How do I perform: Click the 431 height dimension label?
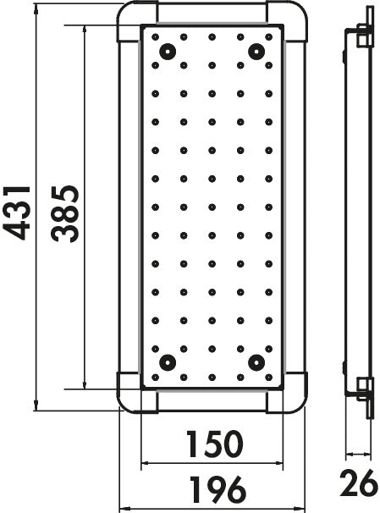click(16, 213)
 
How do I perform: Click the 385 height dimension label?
click(65, 214)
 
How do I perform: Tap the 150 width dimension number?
click(215, 444)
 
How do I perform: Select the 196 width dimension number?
click(218, 489)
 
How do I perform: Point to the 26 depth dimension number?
click(359, 483)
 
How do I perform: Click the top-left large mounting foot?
click(168, 52)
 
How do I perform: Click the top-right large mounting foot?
click(256, 52)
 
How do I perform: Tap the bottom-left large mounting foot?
click(168, 362)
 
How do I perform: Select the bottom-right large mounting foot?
click(256, 362)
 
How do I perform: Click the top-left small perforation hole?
click(156, 37)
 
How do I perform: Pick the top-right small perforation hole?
click(269, 37)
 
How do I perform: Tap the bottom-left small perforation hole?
click(156, 378)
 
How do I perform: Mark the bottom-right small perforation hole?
click(269, 378)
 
